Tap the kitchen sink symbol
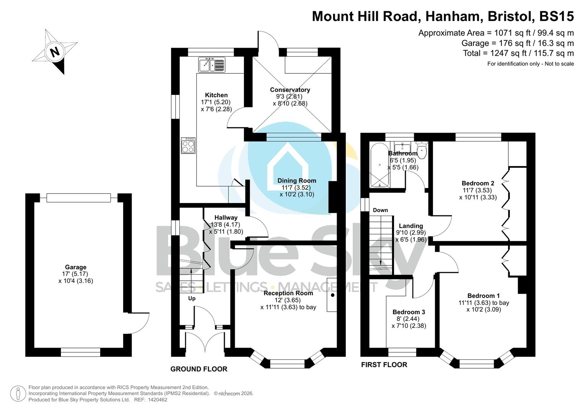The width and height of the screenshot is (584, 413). click(x=212, y=65)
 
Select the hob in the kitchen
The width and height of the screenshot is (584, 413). click(x=188, y=145)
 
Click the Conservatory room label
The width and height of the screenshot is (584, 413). click(x=290, y=90)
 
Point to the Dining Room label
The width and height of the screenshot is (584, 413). click(x=297, y=180)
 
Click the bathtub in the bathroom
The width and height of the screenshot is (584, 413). click(x=379, y=165)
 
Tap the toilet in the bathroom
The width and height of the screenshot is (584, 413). click(x=422, y=150)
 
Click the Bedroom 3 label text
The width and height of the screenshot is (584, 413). click(x=408, y=312)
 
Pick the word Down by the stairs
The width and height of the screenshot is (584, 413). click(x=380, y=210)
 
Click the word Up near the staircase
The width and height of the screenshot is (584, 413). click(x=192, y=298)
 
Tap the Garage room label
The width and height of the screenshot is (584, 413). click(x=75, y=267)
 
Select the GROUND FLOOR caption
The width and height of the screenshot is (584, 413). click(x=199, y=369)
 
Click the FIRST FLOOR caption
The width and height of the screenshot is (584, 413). click(x=384, y=365)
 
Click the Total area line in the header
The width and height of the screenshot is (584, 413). click(x=518, y=53)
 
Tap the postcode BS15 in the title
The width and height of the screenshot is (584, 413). click(x=556, y=16)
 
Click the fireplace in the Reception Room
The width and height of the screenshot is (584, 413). click(x=332, y=295)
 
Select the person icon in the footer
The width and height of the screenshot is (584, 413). click(x=18, y=393)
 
